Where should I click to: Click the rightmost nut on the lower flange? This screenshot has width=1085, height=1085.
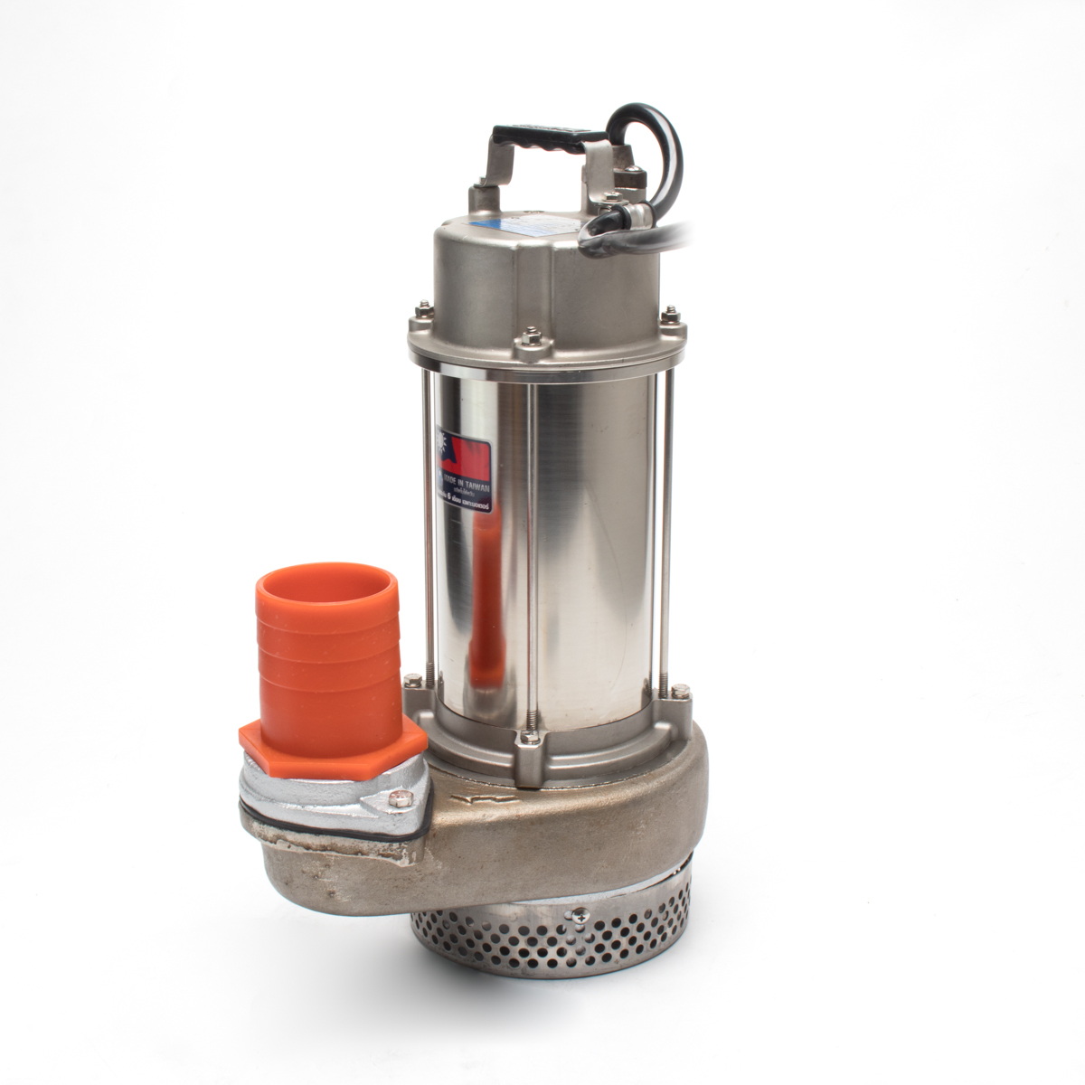point(677,693)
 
